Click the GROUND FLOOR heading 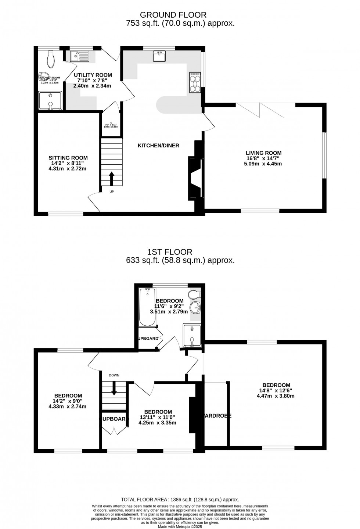pyautogui.click(x=173, y=15)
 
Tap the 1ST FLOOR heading pyautogui.click(x=169, y=252)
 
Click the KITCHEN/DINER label pyautogui.click(x=158, y=146)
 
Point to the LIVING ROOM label pyautogui.click(x=263, y=153)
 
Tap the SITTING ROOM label pyautogui.click(x=68, y=158)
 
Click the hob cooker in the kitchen pyautogui.click(x=195, y=83)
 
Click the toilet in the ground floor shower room pyautogui.click(x=51, y=58)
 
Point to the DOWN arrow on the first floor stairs pyautogui.click(x=114, y=388)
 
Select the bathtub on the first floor pyautogui.click(x=147, y=307)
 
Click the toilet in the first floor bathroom pyautogui.click(x=194, y=294)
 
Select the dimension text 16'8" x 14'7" pyautogui.click(x=263, y=158)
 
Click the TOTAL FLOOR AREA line pyautogui.click(x=180, y=500)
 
